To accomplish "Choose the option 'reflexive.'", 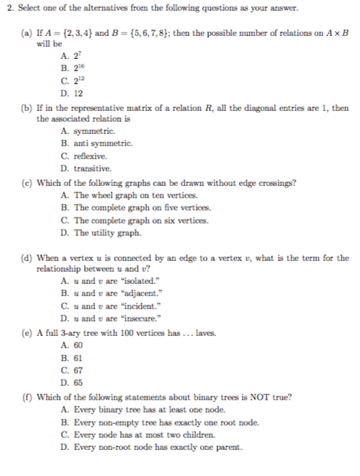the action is click(x=90, y=155).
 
